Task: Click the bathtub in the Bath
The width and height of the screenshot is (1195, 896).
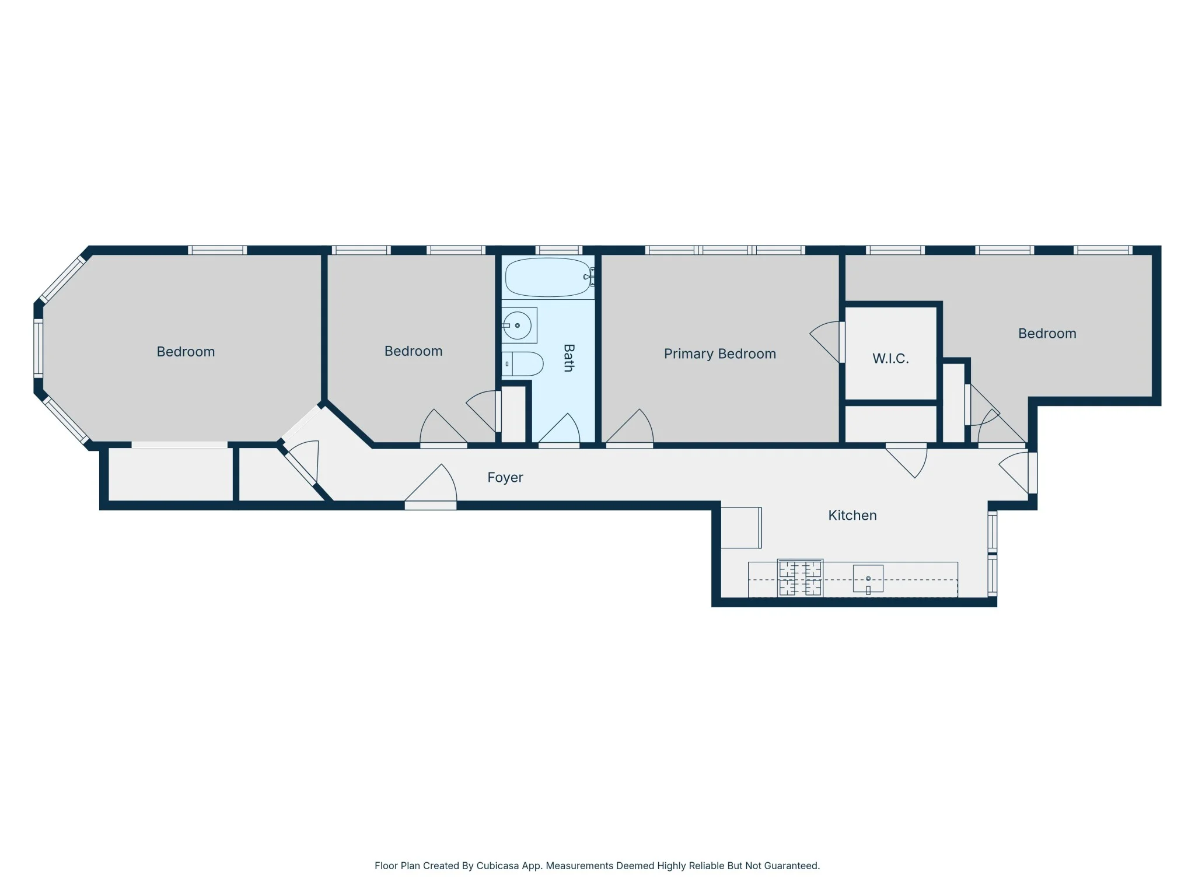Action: [x=548, y=277]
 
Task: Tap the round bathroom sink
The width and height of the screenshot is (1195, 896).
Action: [x=518, y=325]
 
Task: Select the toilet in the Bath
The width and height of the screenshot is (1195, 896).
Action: [x=523, y=363]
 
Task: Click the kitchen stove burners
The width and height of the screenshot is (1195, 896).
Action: [x=800, y=578]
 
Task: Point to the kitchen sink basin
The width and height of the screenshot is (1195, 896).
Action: [x=868, y=579]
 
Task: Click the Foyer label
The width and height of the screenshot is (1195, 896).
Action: [x=505, y=477]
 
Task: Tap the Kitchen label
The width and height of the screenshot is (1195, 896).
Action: [x=852, y=515]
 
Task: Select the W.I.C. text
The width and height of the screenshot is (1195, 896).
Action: [x=890, y=358]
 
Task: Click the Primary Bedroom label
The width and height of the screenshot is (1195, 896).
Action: [x=720, y=353]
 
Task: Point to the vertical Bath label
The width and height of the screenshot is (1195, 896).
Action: [x=569, y=358]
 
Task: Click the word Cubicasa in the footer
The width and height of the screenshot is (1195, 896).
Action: [x=498, y=866]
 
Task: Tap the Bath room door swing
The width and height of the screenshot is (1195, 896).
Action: [x=559, y=430]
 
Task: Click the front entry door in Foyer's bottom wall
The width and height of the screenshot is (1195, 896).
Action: [x=431, y=486]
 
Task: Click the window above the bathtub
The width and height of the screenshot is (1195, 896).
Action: [x=559, y=250]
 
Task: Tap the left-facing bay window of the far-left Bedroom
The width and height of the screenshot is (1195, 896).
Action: [x=38, y=348]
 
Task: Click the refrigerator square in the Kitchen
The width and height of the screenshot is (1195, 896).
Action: [x=741, y=528]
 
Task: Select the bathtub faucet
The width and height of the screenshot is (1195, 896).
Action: [x=589, y=276]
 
